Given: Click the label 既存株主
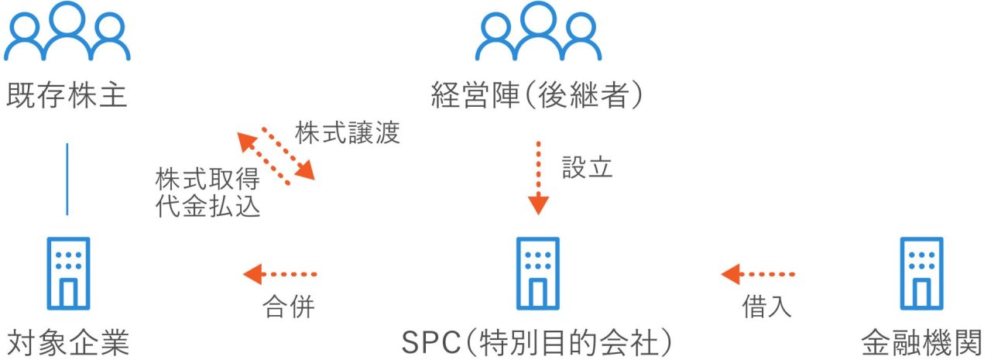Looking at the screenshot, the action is point(67,95).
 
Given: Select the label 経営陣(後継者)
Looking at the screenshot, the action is point(537,95).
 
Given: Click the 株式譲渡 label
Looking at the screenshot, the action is point(348,132).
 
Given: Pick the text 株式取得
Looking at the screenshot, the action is point(207,179).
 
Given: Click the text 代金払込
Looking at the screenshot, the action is point(207,206).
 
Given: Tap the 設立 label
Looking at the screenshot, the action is point(587,167).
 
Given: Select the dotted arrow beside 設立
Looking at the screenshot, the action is point(538,178).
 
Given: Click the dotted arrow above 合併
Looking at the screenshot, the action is point(280,274).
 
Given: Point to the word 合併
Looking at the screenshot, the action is point(289,307).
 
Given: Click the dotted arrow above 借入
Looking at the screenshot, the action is point(758,274).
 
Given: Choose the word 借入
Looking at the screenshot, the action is point(766,307).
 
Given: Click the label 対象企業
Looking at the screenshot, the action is point(68,343).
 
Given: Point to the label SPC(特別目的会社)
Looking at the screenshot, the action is point(537,343).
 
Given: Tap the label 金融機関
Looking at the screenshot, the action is point(921,343).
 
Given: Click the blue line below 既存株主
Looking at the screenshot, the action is point(67,179).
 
